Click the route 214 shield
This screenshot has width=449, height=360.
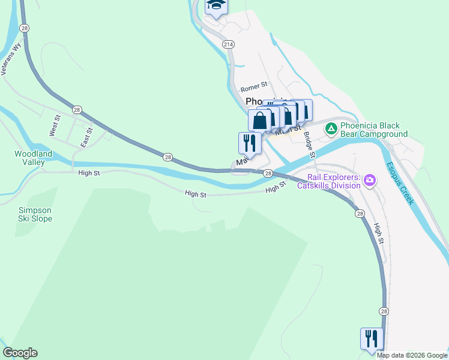pyautogui.click(x=228, y=44)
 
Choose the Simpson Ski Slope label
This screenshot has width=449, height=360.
pyautogui.click(x=35, y=214)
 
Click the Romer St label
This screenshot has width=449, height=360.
pyautogui.click(x=253, y=86)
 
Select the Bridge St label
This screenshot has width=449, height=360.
pyautogui.click(x=309, y=145)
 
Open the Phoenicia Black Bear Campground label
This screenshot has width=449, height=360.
pyautogui.click(x=374, y=130)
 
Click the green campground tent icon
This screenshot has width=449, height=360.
pyautogui.click(x=331, y=128)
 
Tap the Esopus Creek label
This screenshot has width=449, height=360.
pyautogui.click(x=400, y=182)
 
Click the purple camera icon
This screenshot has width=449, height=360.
pyautogui.click(x=370, y=180)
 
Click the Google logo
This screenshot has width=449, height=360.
pyautogui.click(x=20, y=353)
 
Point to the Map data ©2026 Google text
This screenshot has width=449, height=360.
pyautogui.click(x=412, y=355)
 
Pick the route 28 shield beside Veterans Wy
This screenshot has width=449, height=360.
pyautogui.click(x=23, y=28)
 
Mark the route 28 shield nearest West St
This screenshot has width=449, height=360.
pyautogui.click(x=76, y=109)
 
